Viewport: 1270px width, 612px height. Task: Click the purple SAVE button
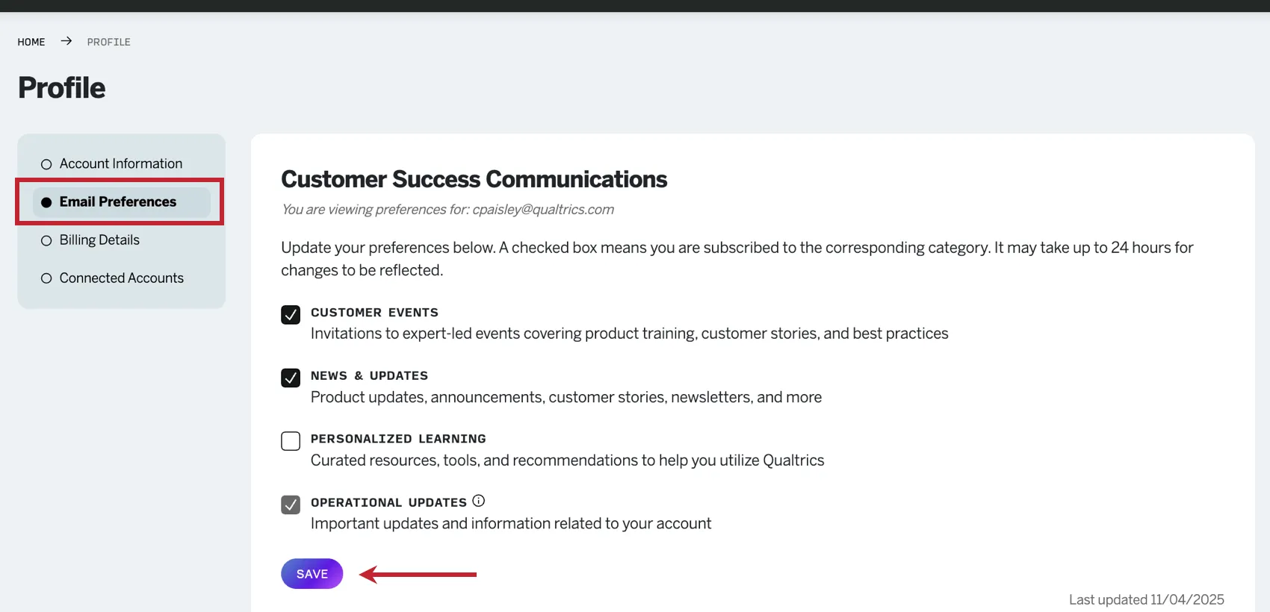(x=312, y=574)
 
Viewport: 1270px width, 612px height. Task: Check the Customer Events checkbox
(x=291, y=314)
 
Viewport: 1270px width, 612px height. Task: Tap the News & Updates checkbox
(x=291, y=378)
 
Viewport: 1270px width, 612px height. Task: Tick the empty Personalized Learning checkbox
(x=291, y=441)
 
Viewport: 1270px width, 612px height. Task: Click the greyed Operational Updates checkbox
(x=291, y=505)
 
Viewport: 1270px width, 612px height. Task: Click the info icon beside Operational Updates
(x=479, y=501)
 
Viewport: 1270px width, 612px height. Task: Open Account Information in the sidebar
(x=121, y=163)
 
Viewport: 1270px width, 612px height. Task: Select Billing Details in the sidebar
(x=99, y=240)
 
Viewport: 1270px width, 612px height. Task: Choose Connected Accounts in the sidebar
(x=121, y=278)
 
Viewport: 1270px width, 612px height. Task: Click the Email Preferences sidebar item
(x=118, y=202)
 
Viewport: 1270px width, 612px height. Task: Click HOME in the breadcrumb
(x=31, y=42)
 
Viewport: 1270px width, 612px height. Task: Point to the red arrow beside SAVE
(x=418, y=574)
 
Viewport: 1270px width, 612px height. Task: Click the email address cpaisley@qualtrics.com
(x=543, y=210)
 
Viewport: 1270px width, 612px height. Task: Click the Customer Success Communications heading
(x=474, y=179)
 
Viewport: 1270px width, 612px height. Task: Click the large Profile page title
(x=62, y=88)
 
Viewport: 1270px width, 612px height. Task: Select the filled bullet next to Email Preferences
(x=46, y=202)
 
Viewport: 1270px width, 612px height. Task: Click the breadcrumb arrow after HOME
(x=66, y=41)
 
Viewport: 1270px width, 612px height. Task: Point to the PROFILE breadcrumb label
(x=108, y=42)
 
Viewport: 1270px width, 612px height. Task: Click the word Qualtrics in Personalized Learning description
(x=793, y=460)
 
